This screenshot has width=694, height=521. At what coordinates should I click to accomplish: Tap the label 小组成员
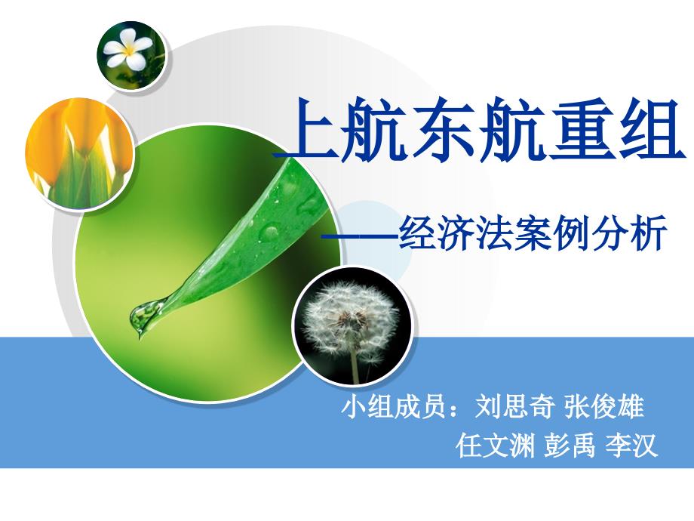point(394,405)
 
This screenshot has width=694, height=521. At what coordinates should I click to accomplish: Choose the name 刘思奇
point(514,405)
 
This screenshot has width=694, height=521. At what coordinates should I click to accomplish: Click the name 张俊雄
point(604,405)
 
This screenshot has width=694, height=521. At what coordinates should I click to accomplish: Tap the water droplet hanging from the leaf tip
point(143,316)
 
